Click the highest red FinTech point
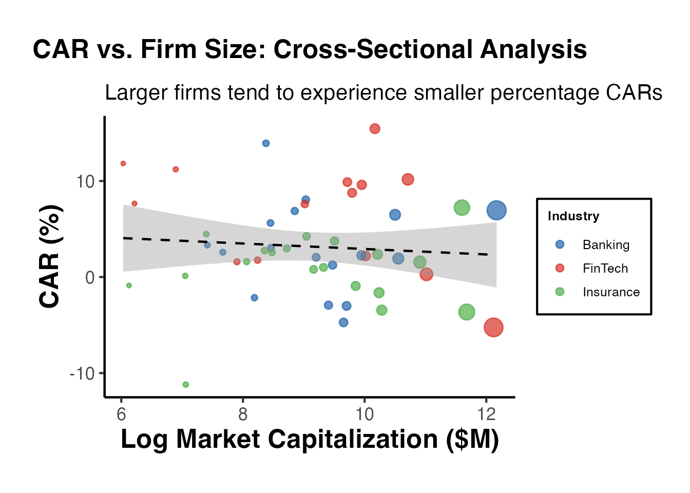coord(375,129)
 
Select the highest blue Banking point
coord(266,143)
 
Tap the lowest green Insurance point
coord(186,385)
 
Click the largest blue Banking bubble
coord(496,210)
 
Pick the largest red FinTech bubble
coord(493,327)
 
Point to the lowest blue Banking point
coord(343,323)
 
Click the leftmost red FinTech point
coord(123,164)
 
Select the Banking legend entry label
coord(606,245)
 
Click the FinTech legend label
coord(605,269)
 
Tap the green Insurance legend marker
coord(560,292)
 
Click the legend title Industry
coord(573,216)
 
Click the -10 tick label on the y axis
coord(83,373)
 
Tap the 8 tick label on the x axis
coord(243,414)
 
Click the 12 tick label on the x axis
coord(486,414)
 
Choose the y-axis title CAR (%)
coord(50,257)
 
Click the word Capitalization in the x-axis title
coord(353,440)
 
